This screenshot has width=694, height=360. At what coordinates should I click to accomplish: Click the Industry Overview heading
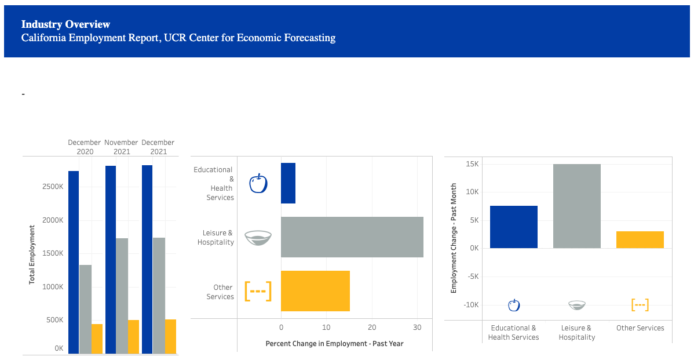click(x=65, y=24)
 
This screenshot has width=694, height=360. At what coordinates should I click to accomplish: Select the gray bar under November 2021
click(x=122, y=296)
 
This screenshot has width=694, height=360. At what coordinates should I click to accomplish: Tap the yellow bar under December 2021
click(x=170, y=336)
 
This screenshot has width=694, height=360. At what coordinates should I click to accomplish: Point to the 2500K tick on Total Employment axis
click(x=52, y=187)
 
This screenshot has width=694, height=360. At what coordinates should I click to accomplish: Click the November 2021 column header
click(x=121, y=147)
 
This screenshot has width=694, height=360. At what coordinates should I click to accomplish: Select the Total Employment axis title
click(x=32, y=254)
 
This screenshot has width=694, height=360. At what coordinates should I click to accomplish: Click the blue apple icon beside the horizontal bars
click(x=258, y=183)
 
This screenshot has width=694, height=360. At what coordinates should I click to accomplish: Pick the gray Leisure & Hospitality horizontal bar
click(x=352, y=237)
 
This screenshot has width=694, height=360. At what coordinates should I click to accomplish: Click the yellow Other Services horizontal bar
click(x=315, y=291)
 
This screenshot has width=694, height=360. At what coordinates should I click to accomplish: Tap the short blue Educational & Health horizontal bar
click(x=288, y=183)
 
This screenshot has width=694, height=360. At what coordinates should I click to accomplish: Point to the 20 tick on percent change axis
click(x=372, y=328)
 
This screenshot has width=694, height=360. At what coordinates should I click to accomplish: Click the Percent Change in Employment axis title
click(x=334, y=343)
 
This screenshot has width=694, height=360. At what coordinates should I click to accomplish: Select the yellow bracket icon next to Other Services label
click(x=258, y=291)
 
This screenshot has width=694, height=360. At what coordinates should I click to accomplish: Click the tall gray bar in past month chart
click(x=576, y=206)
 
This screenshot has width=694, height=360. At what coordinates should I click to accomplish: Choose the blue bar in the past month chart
click(x=514, y=227)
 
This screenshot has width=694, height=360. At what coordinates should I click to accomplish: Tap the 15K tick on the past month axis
click(x=472, y=164)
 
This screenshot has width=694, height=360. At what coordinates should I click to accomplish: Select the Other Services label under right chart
click(x=640, y=328)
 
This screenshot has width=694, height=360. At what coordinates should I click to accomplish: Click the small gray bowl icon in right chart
click(x=577, y=305)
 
